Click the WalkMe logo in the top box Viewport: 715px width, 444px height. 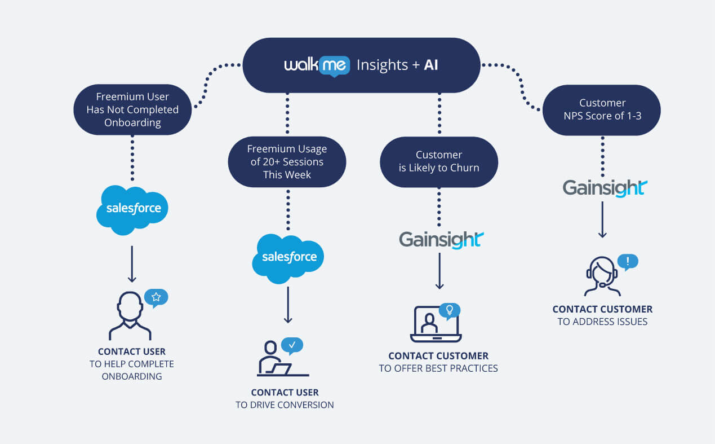tap(317, 65)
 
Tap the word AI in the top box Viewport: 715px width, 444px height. tap(430, 65)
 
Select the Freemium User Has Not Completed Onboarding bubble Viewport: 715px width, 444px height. tap(132, 109)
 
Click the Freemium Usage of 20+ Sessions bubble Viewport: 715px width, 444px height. tap(287, 162)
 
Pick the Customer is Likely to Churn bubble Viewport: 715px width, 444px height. tap(438, 161)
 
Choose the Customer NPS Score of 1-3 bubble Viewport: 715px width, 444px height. tap(602, 109)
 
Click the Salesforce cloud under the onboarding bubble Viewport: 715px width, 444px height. tap(132, 209)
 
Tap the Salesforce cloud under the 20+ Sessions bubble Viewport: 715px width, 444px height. tap(288, 258)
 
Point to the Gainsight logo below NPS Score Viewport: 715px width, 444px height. tap(605, 187)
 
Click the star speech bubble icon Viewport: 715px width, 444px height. tap(156, 297)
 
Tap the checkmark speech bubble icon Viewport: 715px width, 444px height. tap(292, 345)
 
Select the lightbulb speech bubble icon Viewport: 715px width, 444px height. tap(449, 310)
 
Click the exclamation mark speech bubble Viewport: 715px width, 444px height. tap(628, 261)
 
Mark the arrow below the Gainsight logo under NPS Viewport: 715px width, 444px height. tap(602, 220)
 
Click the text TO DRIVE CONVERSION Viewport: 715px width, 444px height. tap(285, 405)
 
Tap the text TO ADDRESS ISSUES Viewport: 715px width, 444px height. tap(602, 322)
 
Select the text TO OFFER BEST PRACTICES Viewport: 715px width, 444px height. tap(438, 368)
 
